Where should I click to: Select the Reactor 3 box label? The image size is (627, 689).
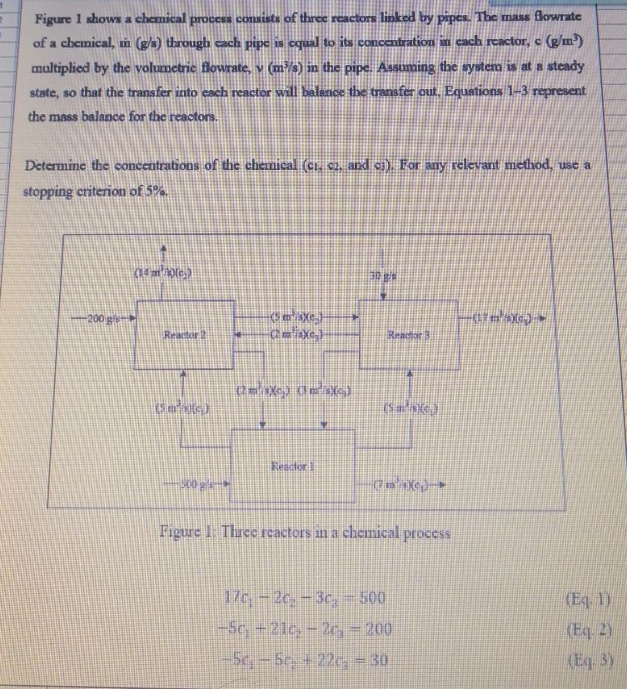pos(408,336)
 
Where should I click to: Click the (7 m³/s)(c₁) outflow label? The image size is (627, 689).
pos(405,484)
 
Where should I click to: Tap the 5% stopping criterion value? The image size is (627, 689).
pos(154,192)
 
